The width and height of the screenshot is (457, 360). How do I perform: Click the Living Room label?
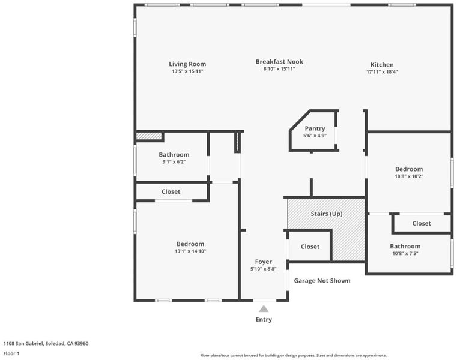tap(187, 64)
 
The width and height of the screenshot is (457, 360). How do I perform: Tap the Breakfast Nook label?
tap(279, 62)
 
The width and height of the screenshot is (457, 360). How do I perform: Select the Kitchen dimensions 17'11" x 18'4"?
tap(382, 71)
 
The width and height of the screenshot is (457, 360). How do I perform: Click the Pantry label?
tap(315, 128)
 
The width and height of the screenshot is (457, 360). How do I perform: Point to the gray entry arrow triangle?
tap(264, 309)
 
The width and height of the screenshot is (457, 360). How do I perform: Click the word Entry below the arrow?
tap(264, 320)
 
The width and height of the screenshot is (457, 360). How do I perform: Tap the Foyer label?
tap(264, 262)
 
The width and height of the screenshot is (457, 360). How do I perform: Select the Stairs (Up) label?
tap(327, 214)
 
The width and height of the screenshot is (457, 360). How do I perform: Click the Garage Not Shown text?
tap(322, 281)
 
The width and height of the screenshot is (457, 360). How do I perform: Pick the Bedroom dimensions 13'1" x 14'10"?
tap(190, 251)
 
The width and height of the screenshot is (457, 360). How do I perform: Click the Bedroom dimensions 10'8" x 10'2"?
tap(409, 176)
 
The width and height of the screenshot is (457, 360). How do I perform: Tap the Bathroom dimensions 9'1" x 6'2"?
tap(174, 162)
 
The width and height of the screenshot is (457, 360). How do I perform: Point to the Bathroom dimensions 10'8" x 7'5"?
tap(405, 253)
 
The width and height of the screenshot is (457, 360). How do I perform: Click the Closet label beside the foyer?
tap(310, 247)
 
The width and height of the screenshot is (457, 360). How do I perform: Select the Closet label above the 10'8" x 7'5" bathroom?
tap(422, 223)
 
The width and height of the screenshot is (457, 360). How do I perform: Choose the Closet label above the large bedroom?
tap(171, 191)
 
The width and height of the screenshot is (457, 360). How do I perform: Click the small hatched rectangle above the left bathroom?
tap(149, 136)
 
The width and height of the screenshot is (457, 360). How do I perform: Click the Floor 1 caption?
tap(11, 353)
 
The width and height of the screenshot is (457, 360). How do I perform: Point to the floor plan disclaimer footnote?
tap(293, 355)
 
